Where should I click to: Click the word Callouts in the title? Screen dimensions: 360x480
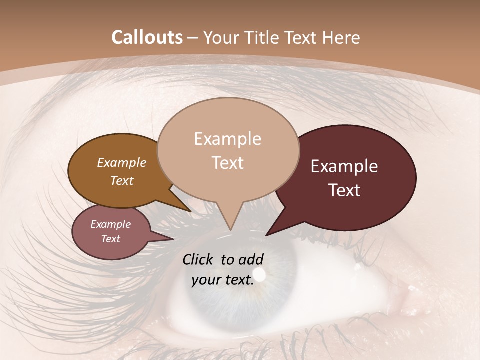coord(147,37)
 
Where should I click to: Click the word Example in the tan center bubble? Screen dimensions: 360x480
coord(227,139)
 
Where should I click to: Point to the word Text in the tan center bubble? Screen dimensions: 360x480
coord(227,163)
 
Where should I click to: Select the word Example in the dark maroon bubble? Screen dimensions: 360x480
coord(344,166)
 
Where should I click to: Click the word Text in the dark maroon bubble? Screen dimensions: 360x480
coord(345,190)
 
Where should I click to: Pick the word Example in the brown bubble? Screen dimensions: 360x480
coord(121,162)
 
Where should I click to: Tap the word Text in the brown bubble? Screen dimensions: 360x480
coord(121,180)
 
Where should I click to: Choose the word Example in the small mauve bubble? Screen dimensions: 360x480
coord(110,224)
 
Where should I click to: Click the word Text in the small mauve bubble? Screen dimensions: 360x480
coord(110,239)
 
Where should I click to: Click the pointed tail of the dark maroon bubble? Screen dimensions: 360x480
coord(270,232)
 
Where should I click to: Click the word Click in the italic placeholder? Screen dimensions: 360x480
coord(198,259)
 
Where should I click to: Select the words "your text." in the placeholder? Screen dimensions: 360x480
coord(223,280)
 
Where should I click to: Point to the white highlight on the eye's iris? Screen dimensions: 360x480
coord(259,274)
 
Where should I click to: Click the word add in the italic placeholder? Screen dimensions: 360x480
coord(251,259)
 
